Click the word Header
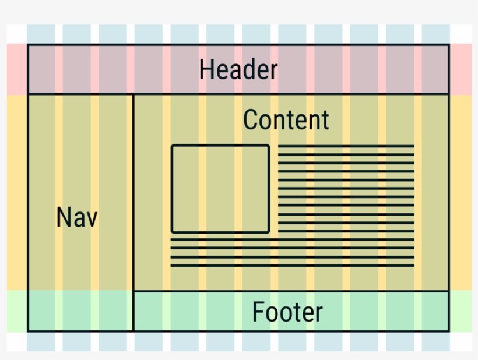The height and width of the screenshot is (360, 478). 238,70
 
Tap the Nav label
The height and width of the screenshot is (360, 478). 77,218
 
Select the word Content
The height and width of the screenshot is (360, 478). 286,120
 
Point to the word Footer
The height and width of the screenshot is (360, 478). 287,312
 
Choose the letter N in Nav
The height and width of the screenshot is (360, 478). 63,218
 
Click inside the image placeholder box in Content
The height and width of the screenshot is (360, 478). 220,189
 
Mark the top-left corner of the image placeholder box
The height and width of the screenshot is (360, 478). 172,146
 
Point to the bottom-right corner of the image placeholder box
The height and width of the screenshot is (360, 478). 269,232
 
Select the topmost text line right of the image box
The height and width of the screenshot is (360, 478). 346,146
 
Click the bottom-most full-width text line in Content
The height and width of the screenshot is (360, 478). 292,266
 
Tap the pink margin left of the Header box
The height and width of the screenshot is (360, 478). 17,69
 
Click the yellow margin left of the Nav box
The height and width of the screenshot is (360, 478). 17,192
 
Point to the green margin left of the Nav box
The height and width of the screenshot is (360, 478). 17,311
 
